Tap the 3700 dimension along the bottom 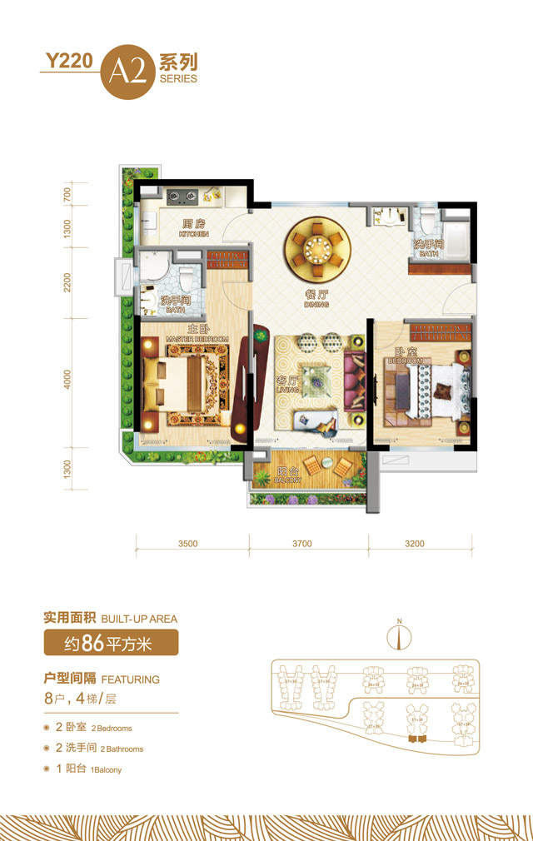(301, 544)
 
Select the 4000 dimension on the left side (67, 380)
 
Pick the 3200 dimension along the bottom (415, 544)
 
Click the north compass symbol (400, 635)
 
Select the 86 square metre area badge (111, 642)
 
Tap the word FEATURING (129, 679)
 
